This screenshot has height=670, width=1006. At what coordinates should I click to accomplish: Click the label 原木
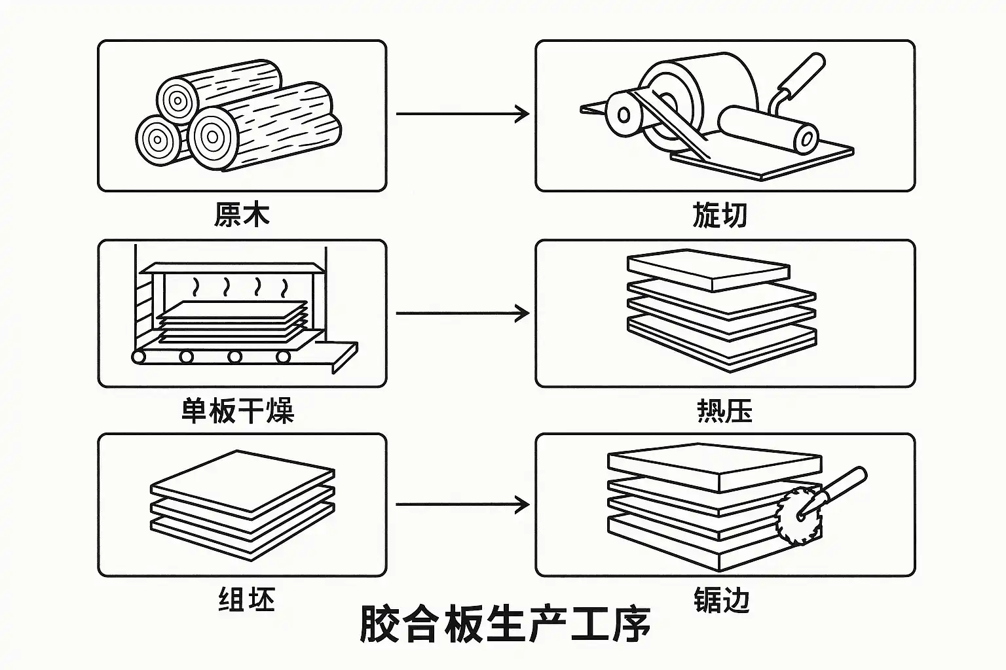241,215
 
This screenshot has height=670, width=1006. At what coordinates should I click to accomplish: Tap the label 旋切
720,215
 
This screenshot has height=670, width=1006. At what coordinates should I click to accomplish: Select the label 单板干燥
238,411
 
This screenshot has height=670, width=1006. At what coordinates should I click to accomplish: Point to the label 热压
724,411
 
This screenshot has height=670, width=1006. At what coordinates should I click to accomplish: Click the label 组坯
246,599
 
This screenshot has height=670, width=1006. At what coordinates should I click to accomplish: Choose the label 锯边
721,599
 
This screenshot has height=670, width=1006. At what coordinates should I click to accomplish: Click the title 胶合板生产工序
505,624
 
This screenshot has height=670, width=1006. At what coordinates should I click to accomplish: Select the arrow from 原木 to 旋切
462,114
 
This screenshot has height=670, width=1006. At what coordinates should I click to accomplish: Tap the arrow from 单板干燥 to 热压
462,313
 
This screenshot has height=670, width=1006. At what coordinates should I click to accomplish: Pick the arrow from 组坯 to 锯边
462,504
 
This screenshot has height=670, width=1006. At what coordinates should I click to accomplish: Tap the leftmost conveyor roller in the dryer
139,357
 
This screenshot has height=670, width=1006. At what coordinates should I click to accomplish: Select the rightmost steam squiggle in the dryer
284,287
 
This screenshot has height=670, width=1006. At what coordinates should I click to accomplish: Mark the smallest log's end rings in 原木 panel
157,139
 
